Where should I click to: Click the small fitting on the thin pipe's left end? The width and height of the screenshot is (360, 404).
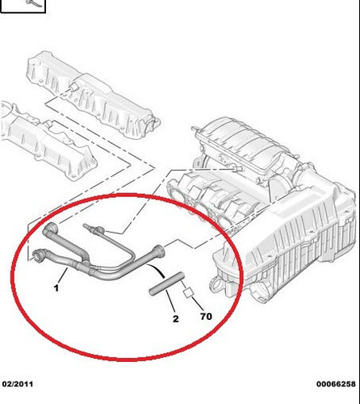point(89,228)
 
